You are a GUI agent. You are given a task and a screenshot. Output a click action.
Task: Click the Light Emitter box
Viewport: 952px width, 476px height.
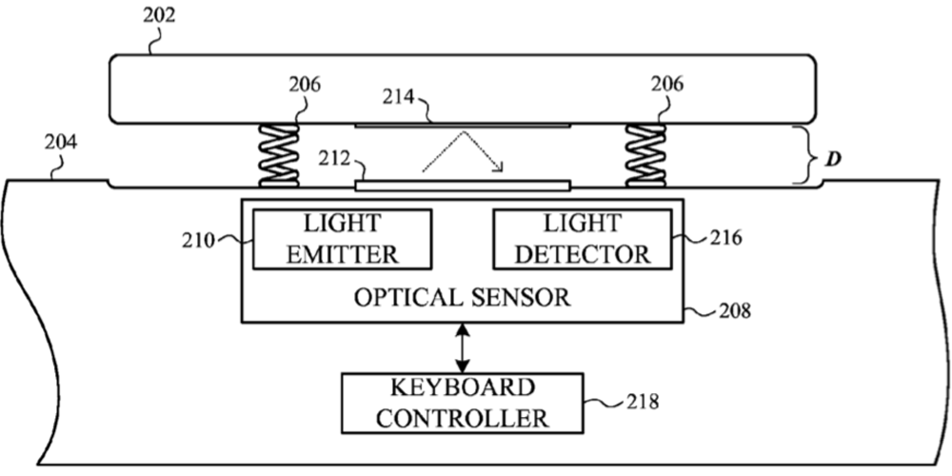tap(341, 239)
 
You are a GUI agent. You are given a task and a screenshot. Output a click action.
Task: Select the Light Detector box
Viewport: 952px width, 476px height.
tap(583, 239)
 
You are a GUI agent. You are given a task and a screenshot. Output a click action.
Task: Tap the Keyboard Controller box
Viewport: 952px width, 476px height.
tap(463, 403)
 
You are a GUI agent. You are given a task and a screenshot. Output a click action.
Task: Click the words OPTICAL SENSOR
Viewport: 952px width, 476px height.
tap(463, 298)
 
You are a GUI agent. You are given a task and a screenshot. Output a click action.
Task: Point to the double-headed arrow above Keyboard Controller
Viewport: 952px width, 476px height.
tap(463, 347)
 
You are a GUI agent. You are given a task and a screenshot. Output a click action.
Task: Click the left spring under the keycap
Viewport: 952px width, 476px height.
tap(278, 153)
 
